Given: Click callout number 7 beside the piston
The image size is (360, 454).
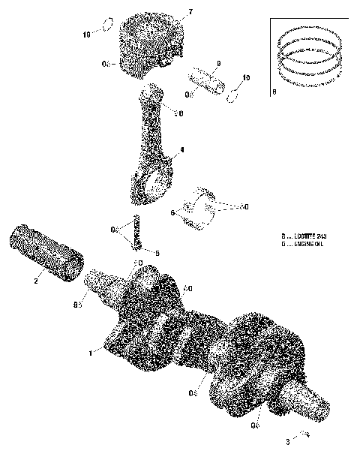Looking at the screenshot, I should coord(190,13).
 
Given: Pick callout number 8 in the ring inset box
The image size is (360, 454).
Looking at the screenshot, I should coord(274,92).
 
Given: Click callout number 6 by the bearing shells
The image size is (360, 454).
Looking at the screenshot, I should coord(173,212).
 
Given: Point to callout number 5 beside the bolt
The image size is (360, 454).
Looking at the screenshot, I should coord(157,253).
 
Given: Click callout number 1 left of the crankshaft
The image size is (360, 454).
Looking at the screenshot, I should coord(91,352).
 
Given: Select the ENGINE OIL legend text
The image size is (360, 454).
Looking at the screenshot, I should coord(307,244).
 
